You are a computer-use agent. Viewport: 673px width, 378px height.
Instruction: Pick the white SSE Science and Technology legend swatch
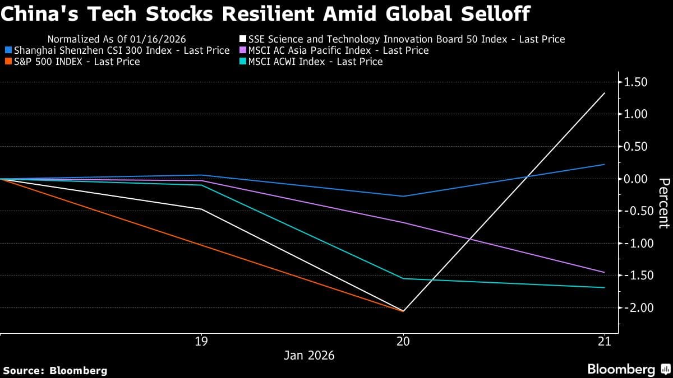pyautogui.click(x=242, y=39)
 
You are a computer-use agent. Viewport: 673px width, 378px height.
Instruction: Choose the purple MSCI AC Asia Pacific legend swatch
pyautogui.click(x=242, y=50)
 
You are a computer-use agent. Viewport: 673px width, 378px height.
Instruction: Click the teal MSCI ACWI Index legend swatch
pyautogui.click(x=242, y=62)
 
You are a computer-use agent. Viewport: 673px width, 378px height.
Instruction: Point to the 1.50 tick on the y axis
pyautogui.click(x=635, y=82)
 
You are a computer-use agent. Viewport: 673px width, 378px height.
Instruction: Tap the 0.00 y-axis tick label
pyautogui.click(x=635, y=179)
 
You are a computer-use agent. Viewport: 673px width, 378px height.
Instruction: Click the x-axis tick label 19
pyautogui.click(x=201, y=341)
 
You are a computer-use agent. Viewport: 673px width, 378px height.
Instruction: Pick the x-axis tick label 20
pyautogui.click(x=403, y=341)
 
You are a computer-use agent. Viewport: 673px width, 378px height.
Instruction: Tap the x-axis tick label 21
pyautogui.click(x=604, y=341)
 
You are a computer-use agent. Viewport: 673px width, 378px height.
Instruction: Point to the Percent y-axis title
pyautogui.click(x=663, y=203)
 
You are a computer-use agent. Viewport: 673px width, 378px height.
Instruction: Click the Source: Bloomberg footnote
pyautogui.click(x=55, y=370)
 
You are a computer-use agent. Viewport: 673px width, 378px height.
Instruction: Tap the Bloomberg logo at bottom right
pyautogui.click(x=628, y=369)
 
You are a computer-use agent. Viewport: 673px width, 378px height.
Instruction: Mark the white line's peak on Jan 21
pyautogui.click(x=604, y=93)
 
